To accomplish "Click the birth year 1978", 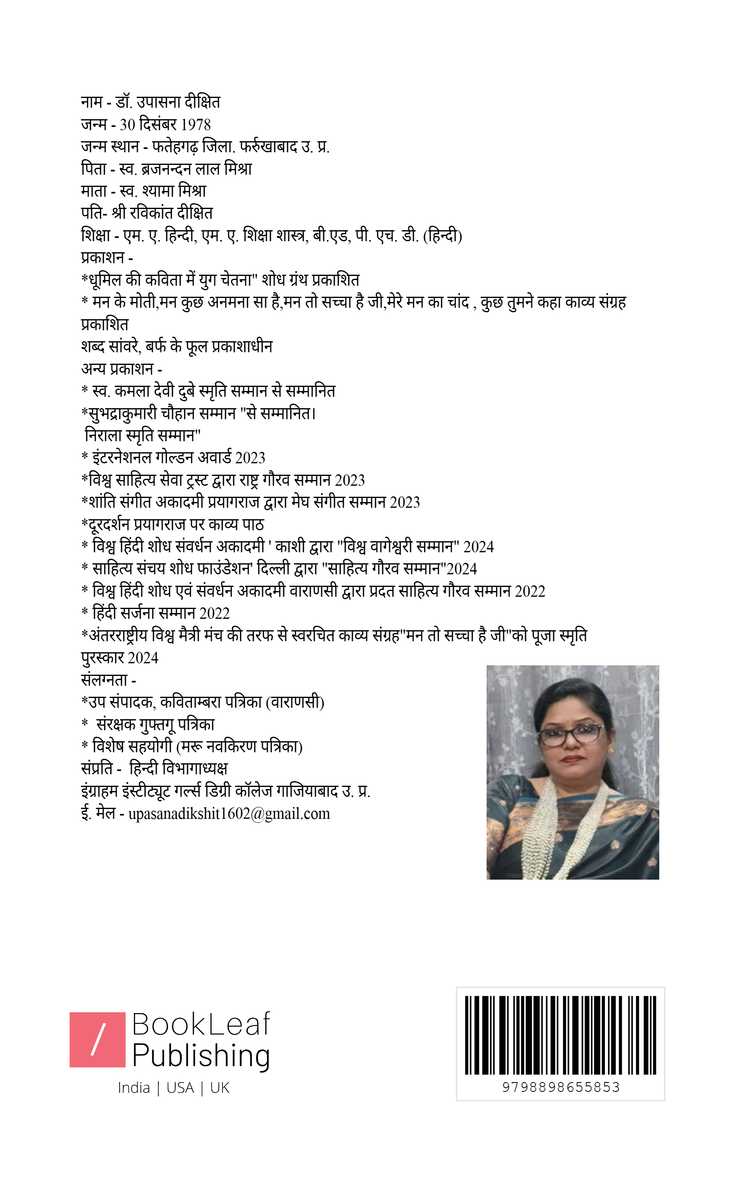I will [x=196, y=124].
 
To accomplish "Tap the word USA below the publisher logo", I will [x=180, y=1088].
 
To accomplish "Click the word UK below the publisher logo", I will [x=220, y=1088].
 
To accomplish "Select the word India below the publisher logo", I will [x=133, y=1088].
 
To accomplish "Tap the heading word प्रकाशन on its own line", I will [x=102, y=258].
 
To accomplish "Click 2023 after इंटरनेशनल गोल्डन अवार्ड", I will [x=250, y=458].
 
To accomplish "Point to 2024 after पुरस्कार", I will [x=143, y=658].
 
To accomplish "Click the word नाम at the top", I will [x=92, y=102].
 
